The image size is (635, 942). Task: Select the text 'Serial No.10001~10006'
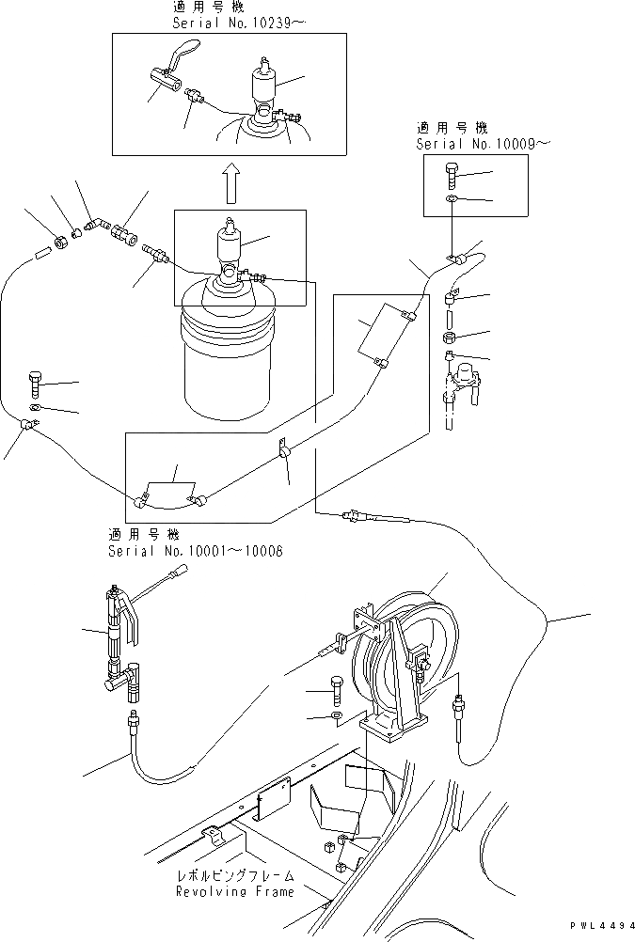pos(195,551)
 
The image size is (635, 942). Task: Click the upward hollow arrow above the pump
pos(229,182)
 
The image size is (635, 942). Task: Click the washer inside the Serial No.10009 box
pos(452,199)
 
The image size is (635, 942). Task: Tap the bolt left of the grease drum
pos(35,384)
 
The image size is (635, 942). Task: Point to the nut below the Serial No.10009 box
pos(451,336)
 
